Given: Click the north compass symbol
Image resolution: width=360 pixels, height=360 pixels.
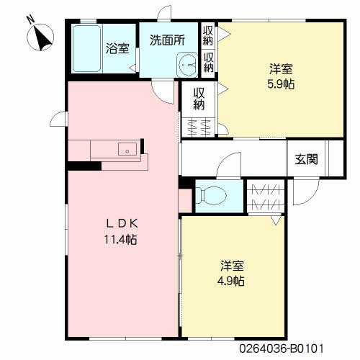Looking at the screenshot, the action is [x=40, y=37].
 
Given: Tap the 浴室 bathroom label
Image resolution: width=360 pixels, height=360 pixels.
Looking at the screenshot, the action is [x=117, y=48].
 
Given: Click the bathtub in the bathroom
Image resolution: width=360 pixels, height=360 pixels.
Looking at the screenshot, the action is [x=86, y=48].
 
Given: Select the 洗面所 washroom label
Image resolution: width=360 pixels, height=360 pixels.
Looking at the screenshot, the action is [x=167, y=40].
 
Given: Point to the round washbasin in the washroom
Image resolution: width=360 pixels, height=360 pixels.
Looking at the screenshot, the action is [x=187, y=65].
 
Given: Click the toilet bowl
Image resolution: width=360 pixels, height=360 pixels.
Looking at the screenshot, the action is [x=211, y=196].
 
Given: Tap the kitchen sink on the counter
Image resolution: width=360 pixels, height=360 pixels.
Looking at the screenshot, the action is [x=127, y=149].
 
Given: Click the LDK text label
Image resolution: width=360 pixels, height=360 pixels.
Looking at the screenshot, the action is [x=122, y=224].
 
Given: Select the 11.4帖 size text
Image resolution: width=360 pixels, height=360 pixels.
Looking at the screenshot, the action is [x=120, y=239].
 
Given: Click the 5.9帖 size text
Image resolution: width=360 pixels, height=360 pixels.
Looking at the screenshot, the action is [x=281, y=84].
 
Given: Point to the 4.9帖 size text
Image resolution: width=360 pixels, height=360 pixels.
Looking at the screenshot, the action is [x=231, y=281].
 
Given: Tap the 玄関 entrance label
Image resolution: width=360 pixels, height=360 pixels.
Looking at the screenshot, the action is [x=306, y=159].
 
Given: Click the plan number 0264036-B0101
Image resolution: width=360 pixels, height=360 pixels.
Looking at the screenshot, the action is [x=282, y=348].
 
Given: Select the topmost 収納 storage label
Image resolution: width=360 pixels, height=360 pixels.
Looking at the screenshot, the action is [x=208, y=35].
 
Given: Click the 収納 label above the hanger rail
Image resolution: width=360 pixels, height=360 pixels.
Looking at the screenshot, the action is [x=199, y=99].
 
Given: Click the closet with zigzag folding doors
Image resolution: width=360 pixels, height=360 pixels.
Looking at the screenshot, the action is [x=266, y=196].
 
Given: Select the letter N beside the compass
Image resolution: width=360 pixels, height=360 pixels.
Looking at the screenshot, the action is [x=31, y=19].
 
